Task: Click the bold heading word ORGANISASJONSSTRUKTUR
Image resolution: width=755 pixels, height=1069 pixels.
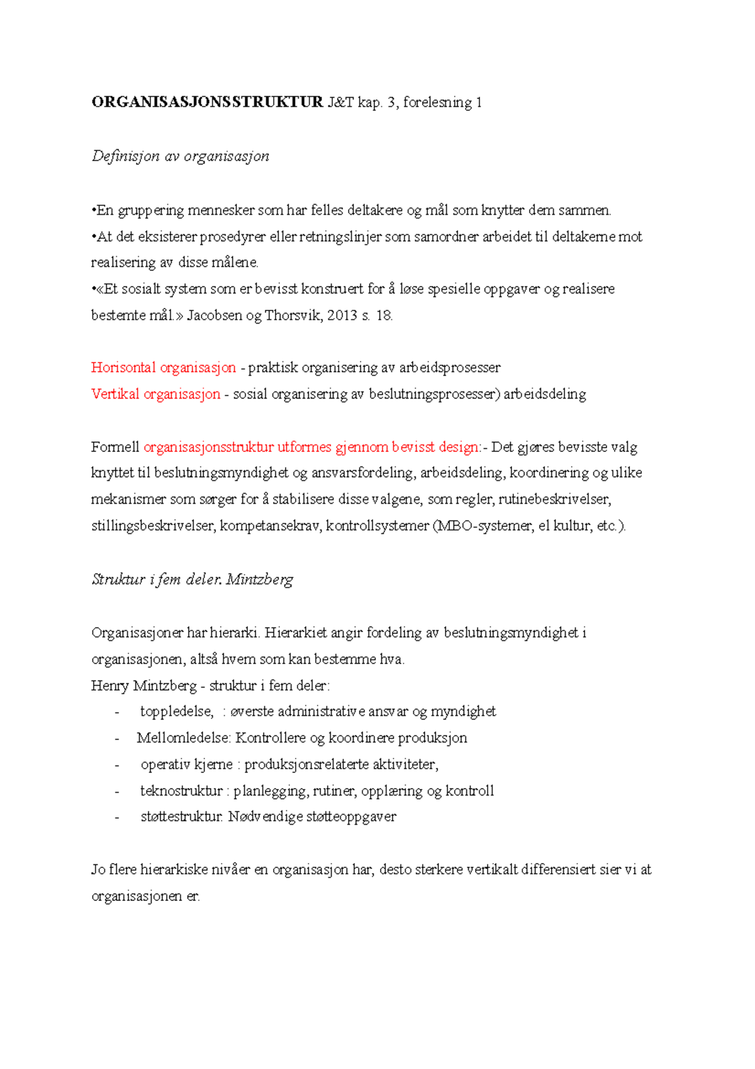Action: tap(207, 103)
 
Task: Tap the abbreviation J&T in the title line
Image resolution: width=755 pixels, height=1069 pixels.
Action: tap(340, 103)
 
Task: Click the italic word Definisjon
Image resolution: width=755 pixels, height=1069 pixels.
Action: tap(125, 156)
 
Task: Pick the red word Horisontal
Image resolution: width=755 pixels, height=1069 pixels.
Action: tap(123, 368)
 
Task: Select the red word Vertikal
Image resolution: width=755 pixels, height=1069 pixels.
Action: tap(115, 394)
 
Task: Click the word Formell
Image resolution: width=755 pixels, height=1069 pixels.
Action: tap(115, 447)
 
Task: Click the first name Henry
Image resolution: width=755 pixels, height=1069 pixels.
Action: tap(110, 686)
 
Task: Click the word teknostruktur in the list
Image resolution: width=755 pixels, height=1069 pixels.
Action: tap(181, 791)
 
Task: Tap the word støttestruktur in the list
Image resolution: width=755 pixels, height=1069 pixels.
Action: tap(181, 817)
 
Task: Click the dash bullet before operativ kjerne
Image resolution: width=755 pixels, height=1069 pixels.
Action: tap(117, 765)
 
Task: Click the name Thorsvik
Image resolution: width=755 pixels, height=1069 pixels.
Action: tap(294, 315)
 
